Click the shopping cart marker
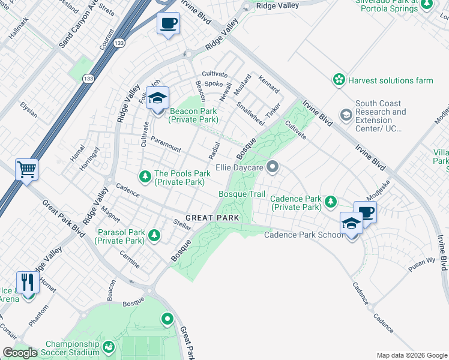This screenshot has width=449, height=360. point(27,169)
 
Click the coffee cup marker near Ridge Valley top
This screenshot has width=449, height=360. point(168,24)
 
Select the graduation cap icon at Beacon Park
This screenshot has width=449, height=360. point(158,99)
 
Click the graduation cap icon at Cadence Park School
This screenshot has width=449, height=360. point(351,224)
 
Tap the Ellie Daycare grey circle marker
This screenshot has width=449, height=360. point(273,167)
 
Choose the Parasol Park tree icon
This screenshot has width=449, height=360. point(154,235)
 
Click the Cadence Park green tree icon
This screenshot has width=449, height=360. point(330,202)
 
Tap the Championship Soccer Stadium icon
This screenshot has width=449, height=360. point(109,347)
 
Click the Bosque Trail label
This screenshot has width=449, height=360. point(241,194)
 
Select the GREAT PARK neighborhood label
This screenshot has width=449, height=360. point(212,218)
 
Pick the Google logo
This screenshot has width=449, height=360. point(20,353)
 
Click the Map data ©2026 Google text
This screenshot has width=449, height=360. point(411,355)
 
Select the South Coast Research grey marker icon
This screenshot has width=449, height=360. point(346,114)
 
